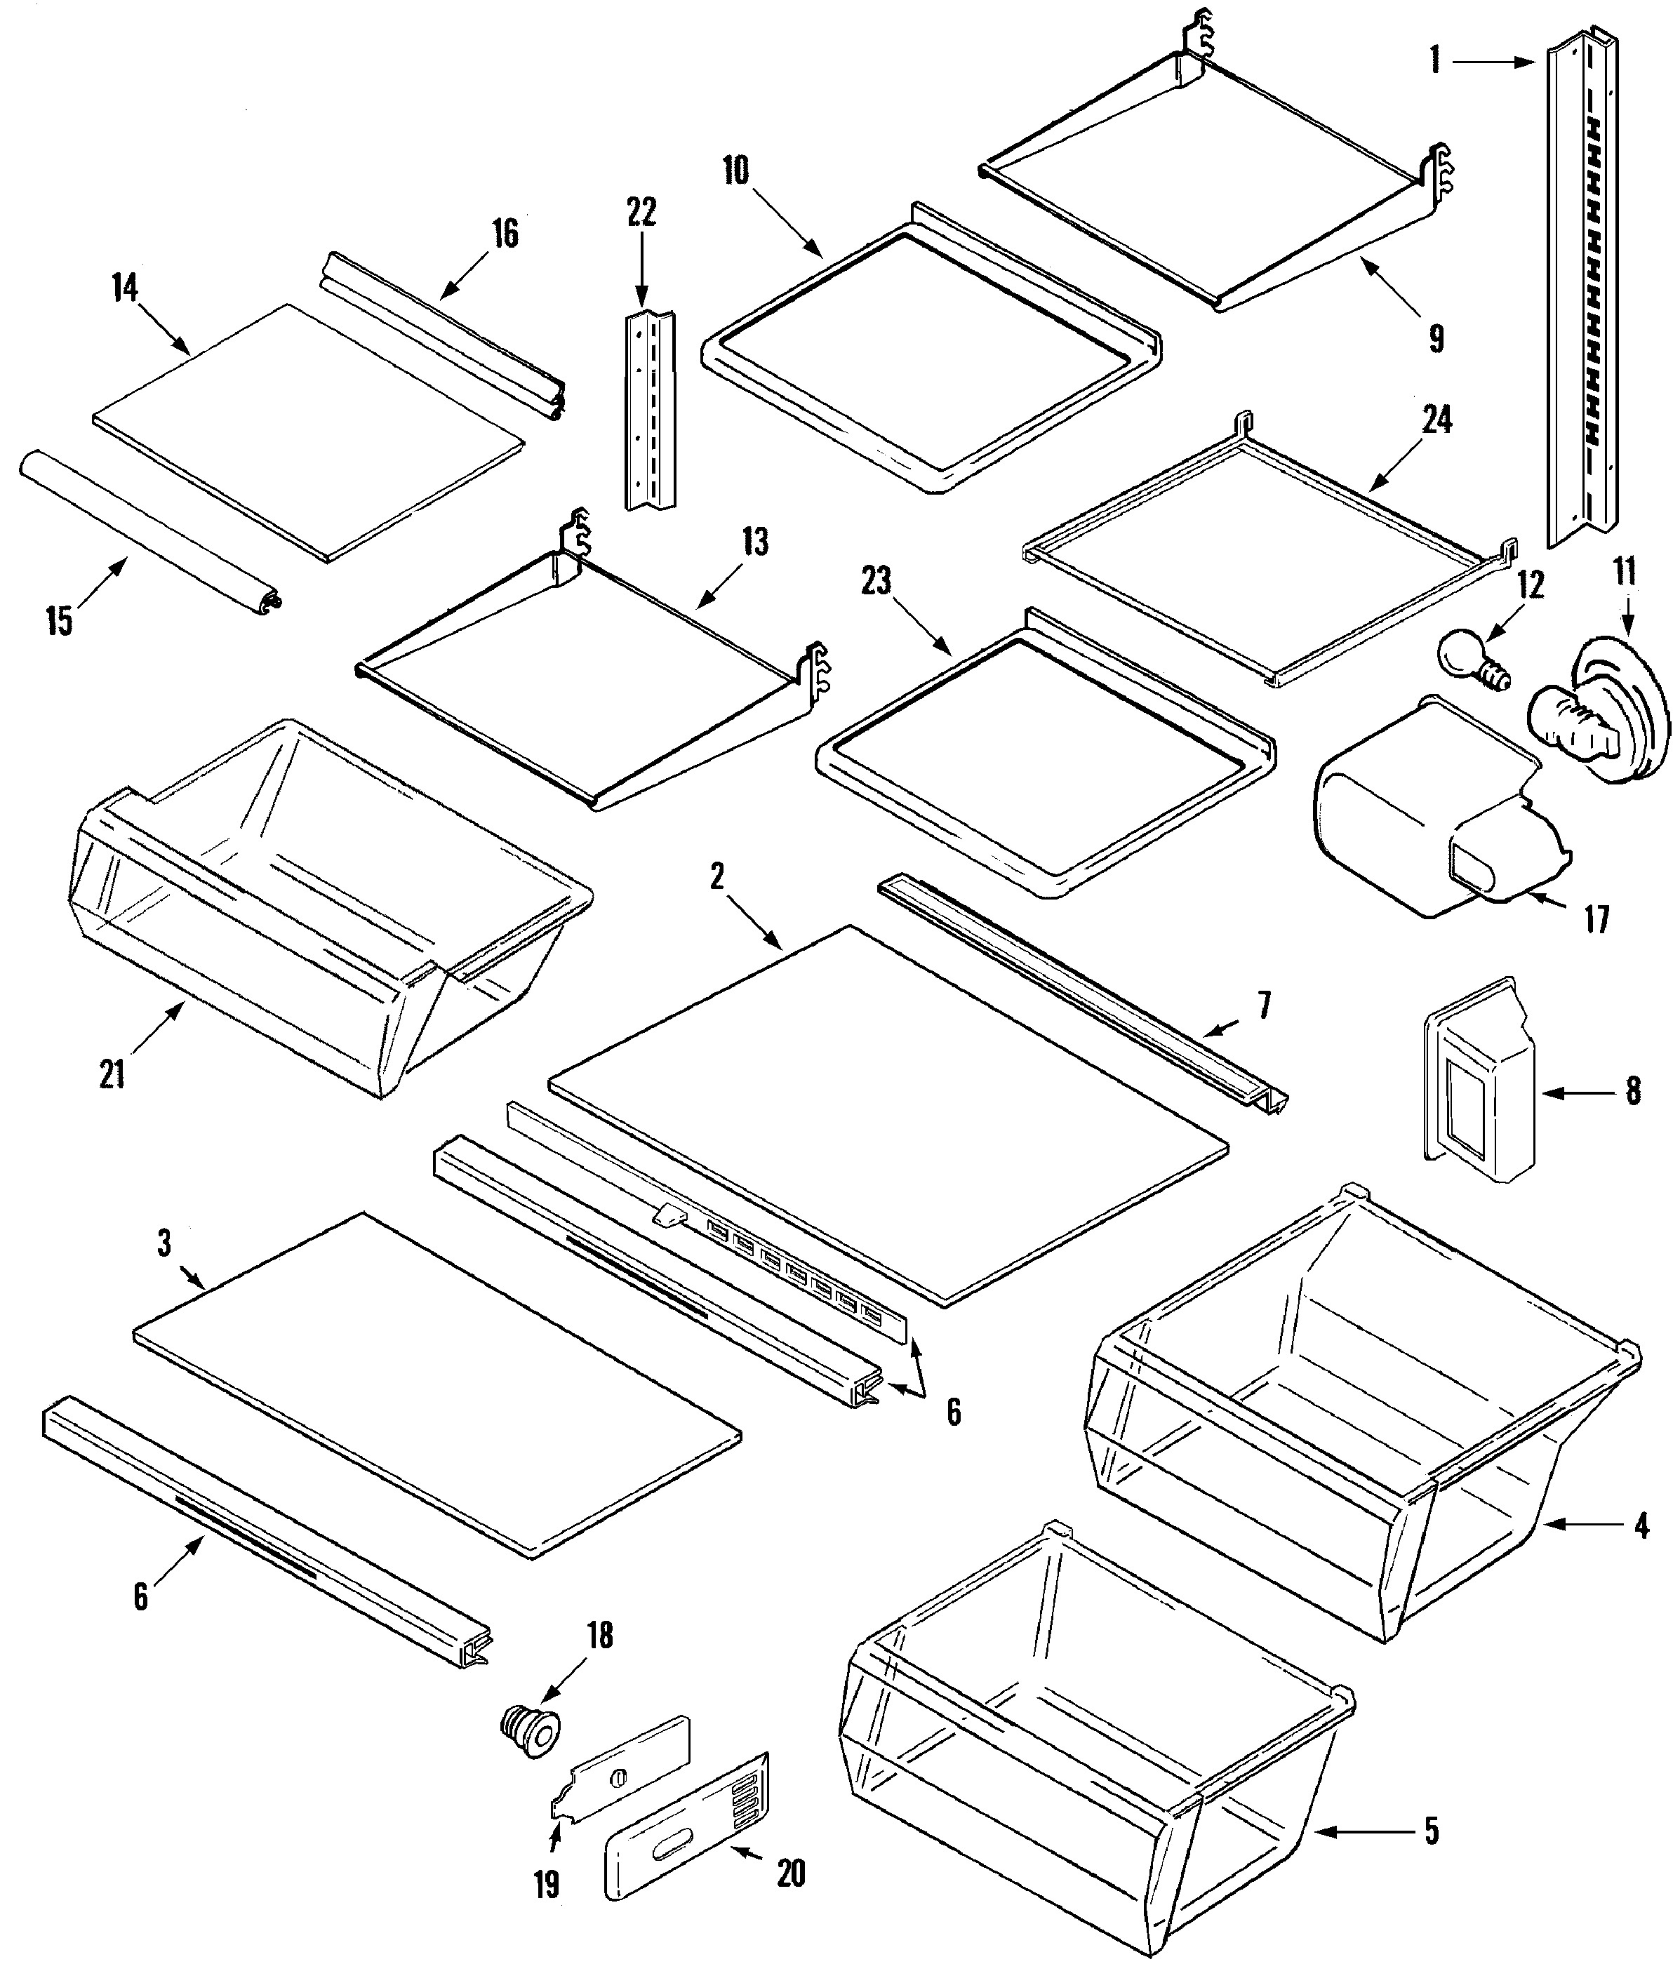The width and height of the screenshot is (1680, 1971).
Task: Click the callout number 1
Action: pos(1434,61)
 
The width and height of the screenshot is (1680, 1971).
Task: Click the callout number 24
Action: pos(1436,420)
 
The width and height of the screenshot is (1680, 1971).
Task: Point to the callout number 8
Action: pos(1632,1091)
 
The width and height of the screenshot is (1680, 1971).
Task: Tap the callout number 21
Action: pos(112,1075)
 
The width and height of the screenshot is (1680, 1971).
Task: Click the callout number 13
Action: pos(754,543)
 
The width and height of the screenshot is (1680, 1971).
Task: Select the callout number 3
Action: pos(164,1243)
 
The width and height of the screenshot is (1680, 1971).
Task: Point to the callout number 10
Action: pos(735,171)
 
